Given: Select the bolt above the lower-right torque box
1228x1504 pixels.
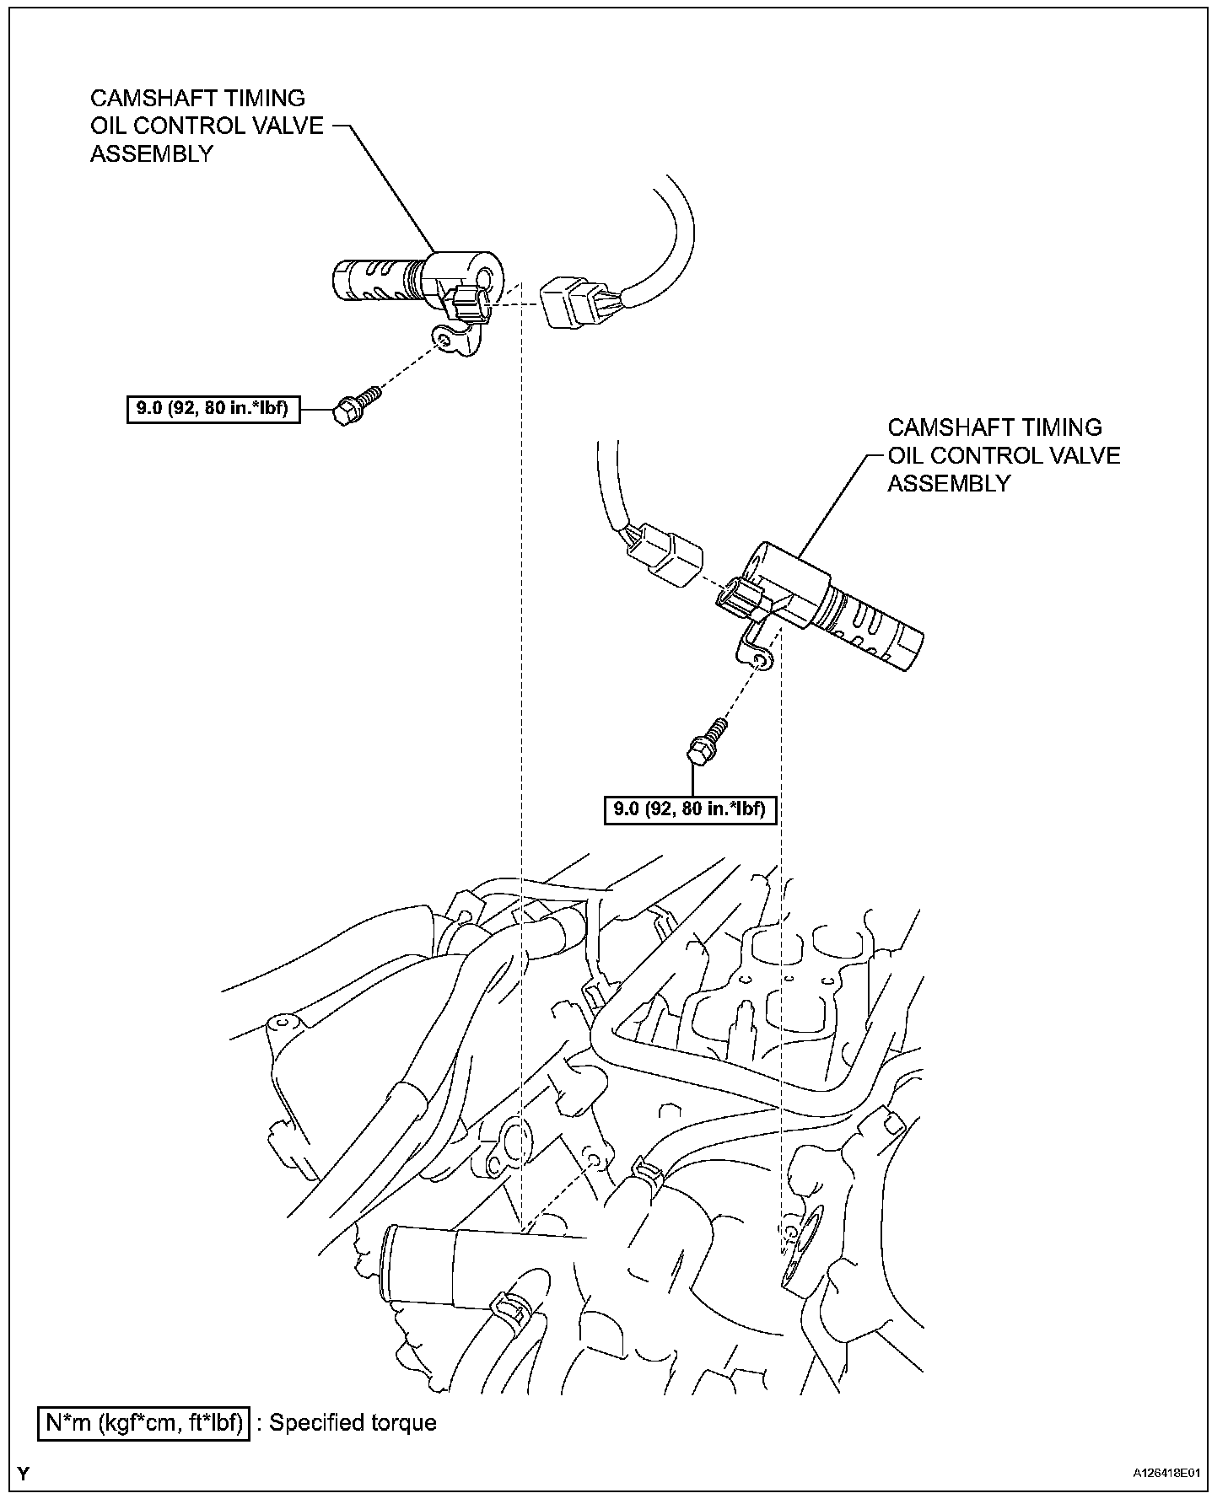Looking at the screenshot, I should [x=705, y=742].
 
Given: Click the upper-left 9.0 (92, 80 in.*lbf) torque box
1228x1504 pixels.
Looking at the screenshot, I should [x=213, y=410].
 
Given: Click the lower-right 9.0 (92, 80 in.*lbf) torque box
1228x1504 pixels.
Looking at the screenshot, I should [x=690, y=809].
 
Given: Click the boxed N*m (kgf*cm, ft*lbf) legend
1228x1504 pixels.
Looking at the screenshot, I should [x=144, y=1423].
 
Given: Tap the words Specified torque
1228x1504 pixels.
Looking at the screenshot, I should [x=353, y=1423].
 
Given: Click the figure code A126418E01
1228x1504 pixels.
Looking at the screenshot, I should [x=1165, y=1473].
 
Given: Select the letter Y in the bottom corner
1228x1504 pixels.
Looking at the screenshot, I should [x=24, y=1474].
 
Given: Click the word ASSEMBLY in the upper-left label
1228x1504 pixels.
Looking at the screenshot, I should [x=152, y=153].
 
